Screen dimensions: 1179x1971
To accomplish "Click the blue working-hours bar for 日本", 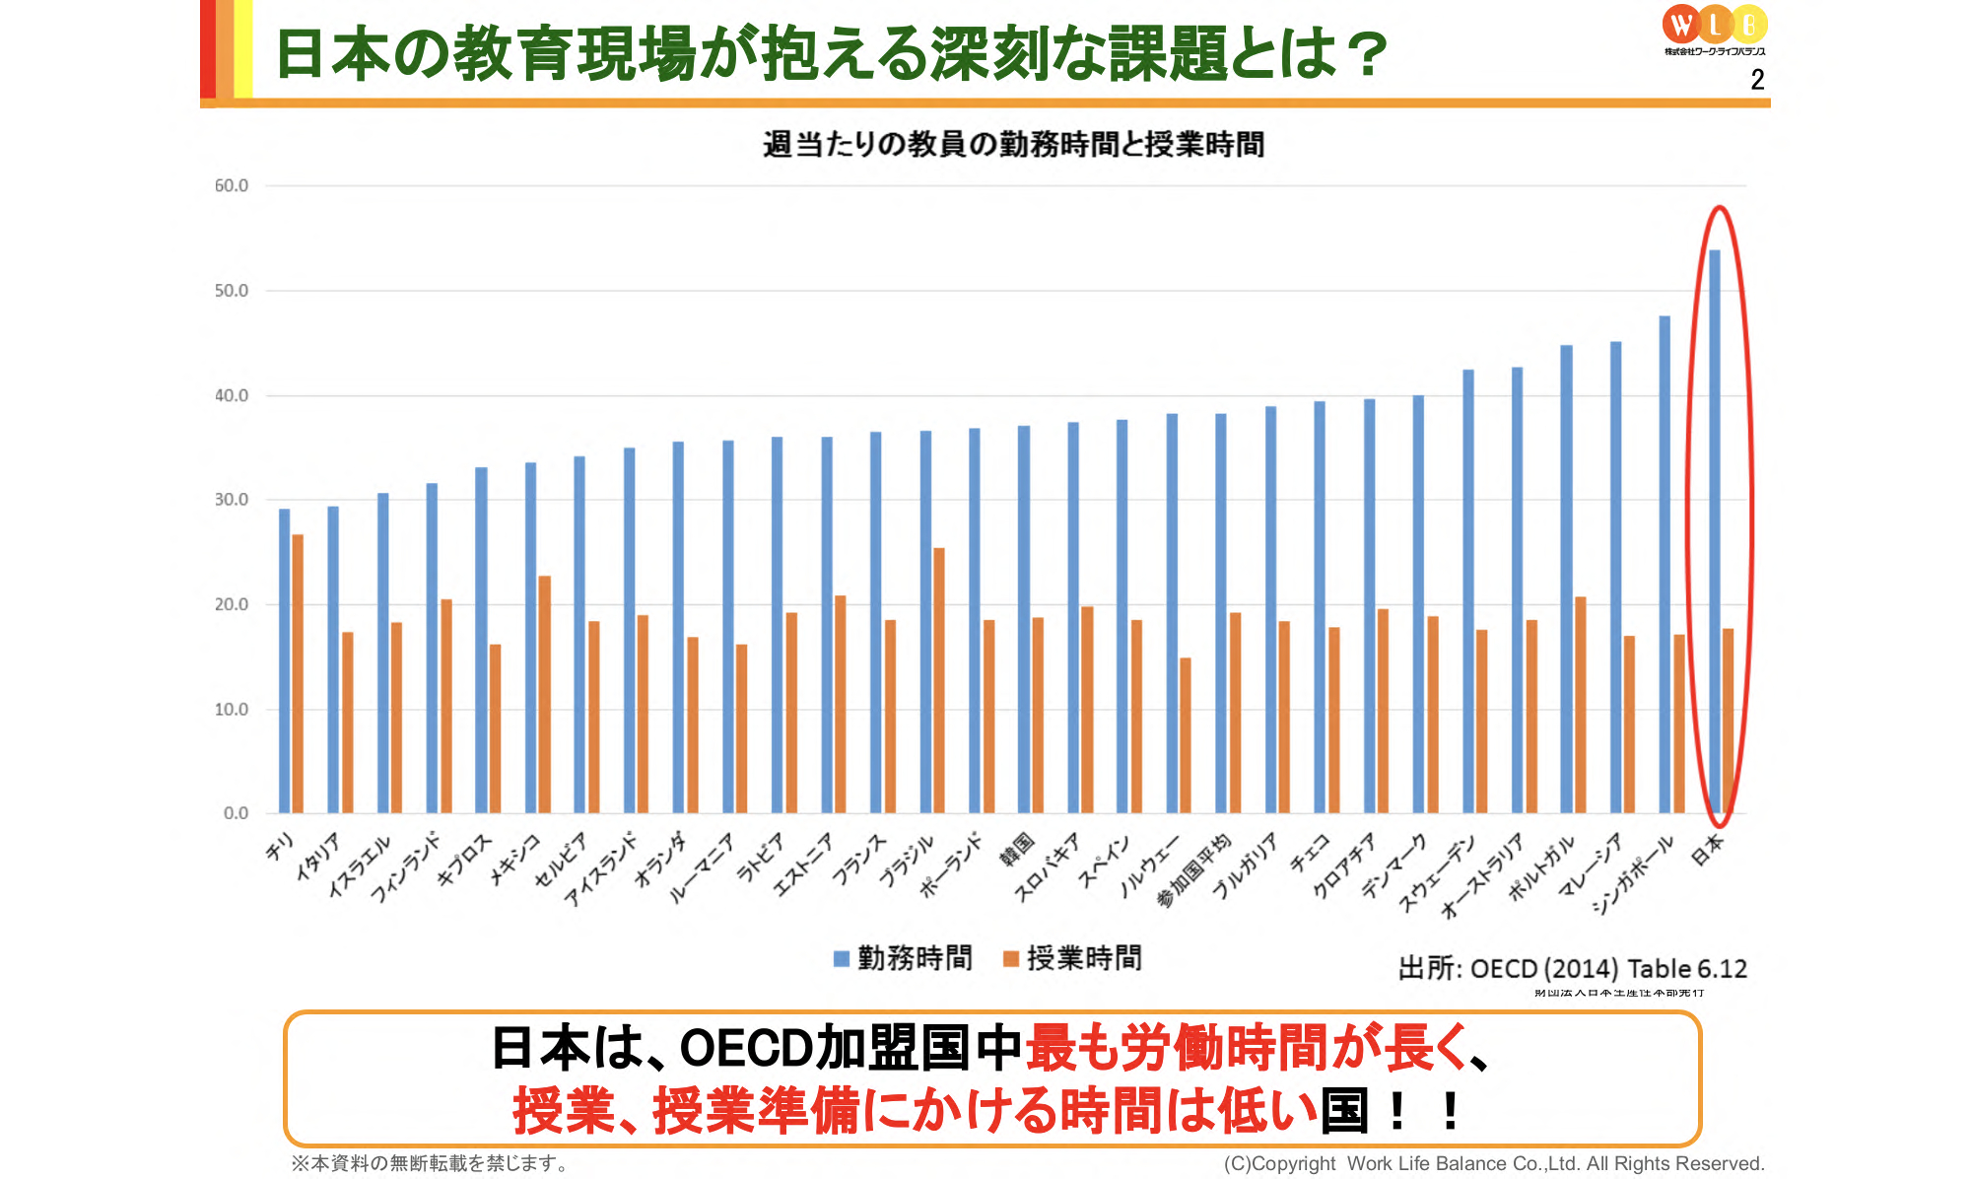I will pyautogui.click(x=1714, y=532).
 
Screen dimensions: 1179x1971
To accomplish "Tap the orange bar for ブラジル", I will pyautogui.click(x=939, y=680).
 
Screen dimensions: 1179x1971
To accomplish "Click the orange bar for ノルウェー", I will pyautogui.click(x=1186, y=735).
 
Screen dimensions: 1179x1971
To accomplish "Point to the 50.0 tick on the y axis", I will pyautogui.click(x=232, y=291).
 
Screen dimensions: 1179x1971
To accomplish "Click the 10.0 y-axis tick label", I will pyautogui.click(x=232, y=710).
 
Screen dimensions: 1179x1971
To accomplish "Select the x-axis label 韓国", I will pyautogui.click(x=1017, y=849).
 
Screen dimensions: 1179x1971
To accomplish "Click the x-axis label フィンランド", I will pyautogui.click(x=406, y=867).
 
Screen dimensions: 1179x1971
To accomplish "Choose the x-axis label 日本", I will pyautogui.click(x=1708, y=849).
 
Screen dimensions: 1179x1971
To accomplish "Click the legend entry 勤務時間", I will pyautogui.click(x=903, y=958).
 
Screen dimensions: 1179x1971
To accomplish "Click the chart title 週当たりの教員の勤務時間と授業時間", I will pyautogui.click(x=1013, y=145).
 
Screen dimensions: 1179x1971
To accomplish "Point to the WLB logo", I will pyautogui.click(x=1715, y=28).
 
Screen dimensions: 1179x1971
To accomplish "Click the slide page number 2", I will pyautogui.click(x=1757, y=80).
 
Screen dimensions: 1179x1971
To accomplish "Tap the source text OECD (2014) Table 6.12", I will pyautogui.click(x=1608, y=969).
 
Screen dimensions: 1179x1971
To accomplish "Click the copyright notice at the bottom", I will pyautogui.click(x=1493, y=1164).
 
